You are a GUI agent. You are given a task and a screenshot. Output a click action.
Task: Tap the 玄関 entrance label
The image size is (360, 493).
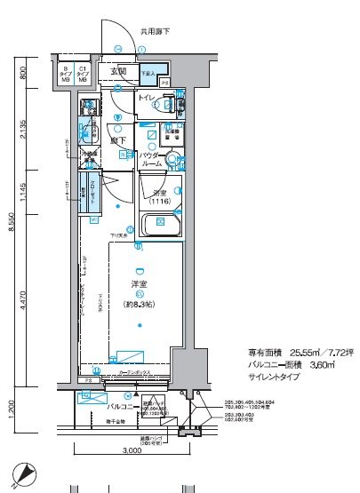click(118, 72)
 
